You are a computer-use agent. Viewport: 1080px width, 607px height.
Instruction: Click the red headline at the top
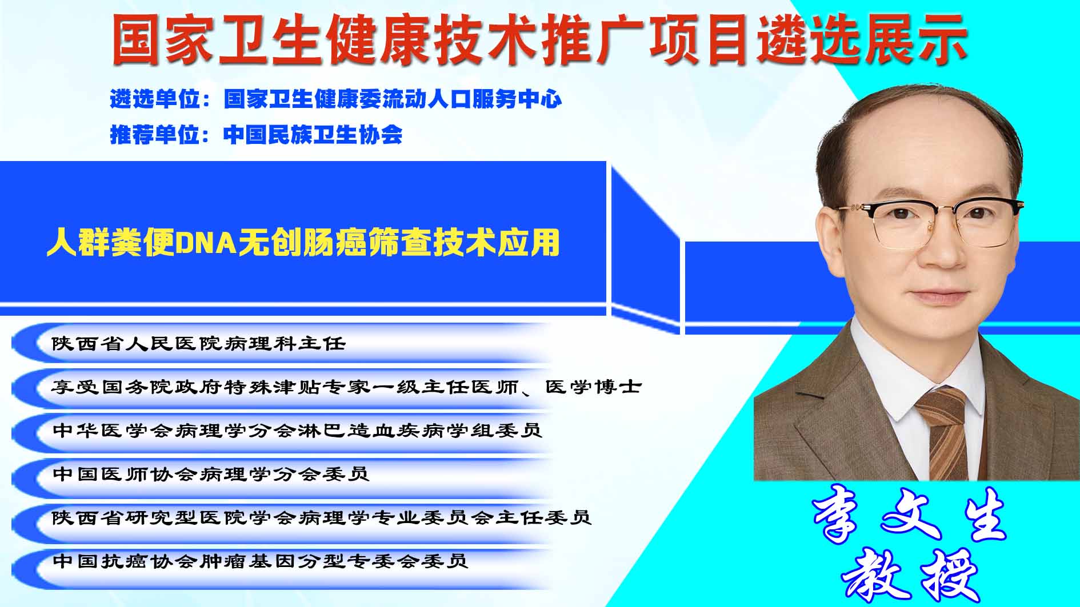coord(539,39)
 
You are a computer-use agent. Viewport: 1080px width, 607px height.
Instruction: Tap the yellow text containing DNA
coord(303,243)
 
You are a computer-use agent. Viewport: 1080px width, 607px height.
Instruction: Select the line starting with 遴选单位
coord(336,99)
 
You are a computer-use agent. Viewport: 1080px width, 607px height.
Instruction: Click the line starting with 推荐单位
coord(256,135)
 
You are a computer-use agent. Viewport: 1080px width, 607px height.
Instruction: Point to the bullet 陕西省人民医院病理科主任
coord(199,343)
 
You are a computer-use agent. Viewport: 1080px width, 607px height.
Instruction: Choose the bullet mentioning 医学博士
coord(347,387)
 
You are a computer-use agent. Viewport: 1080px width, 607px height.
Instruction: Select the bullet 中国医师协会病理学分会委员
coord(211,474)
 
